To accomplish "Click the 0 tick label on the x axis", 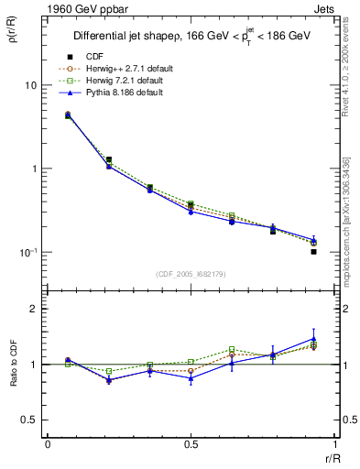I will click(x=47, y=446).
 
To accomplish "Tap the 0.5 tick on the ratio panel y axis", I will click(x=29, y=420).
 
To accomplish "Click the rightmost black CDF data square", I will click(x=313, y=251).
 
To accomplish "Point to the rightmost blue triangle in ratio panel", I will click(x=313, y=339).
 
